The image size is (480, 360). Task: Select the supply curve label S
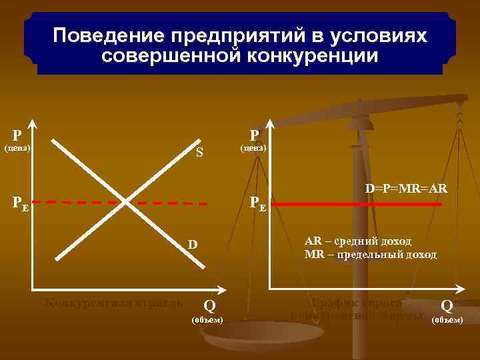click(199, 153)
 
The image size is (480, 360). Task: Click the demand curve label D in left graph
click(192, 245)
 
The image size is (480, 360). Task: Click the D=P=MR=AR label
click(406, 189)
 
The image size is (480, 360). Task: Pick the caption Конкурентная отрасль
click(113, 302)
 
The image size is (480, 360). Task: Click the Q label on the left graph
click(209, 306)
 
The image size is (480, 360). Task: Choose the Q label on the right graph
click(447, 306)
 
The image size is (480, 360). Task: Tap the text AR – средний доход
click(358, 241)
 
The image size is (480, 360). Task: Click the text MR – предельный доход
click(370, 255)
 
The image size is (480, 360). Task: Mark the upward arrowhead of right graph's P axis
click(269, 125)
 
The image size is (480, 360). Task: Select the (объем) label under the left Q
click(207, 321)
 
